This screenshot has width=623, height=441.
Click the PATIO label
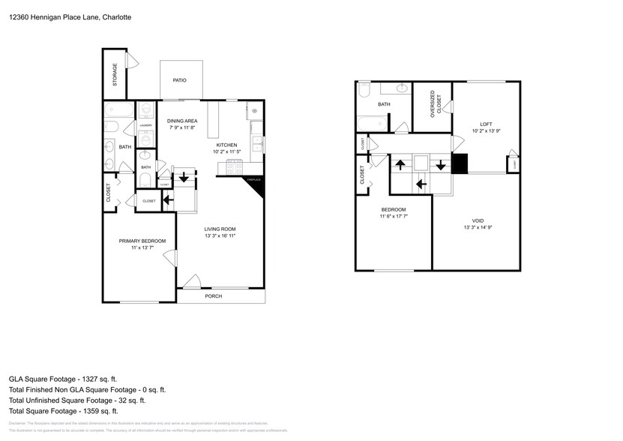pyautogui.click(x=179, y=80)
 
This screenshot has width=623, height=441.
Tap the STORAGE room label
pyautogui.click(x=115, y=76)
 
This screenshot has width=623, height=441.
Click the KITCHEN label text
pyautogui.click(x=227, y=145)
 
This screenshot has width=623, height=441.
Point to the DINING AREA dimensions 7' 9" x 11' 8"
pyautogui.click(x=181, y=127)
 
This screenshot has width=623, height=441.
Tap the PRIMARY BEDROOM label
pyautogui.click(x=142, y=241)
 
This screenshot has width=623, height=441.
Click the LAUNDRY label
pyautogui.click(x=145, y=126)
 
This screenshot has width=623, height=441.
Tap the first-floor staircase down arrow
pyautogui.click(x=182, y=178)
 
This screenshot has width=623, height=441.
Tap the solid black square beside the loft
pyautogui.click(x=459, y=163)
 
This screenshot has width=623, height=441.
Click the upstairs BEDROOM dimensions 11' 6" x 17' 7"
pyautogui.click(x=394, y=217)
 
